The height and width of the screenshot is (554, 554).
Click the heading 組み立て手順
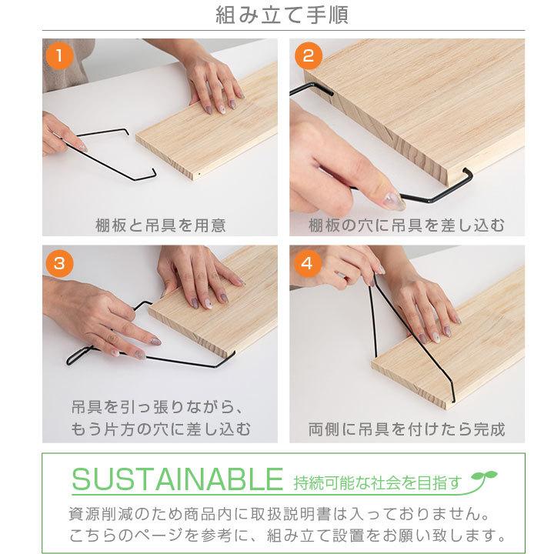[276, 15]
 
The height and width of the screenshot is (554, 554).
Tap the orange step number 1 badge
[59, 56]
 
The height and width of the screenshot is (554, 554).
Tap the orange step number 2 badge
[309, 56]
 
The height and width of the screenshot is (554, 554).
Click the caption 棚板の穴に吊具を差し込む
[407, 225]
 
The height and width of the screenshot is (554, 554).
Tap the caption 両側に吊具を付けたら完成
[407, 429]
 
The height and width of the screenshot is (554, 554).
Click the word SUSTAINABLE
[178, 482]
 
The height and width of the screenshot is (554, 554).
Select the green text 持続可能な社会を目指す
[377, 484]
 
